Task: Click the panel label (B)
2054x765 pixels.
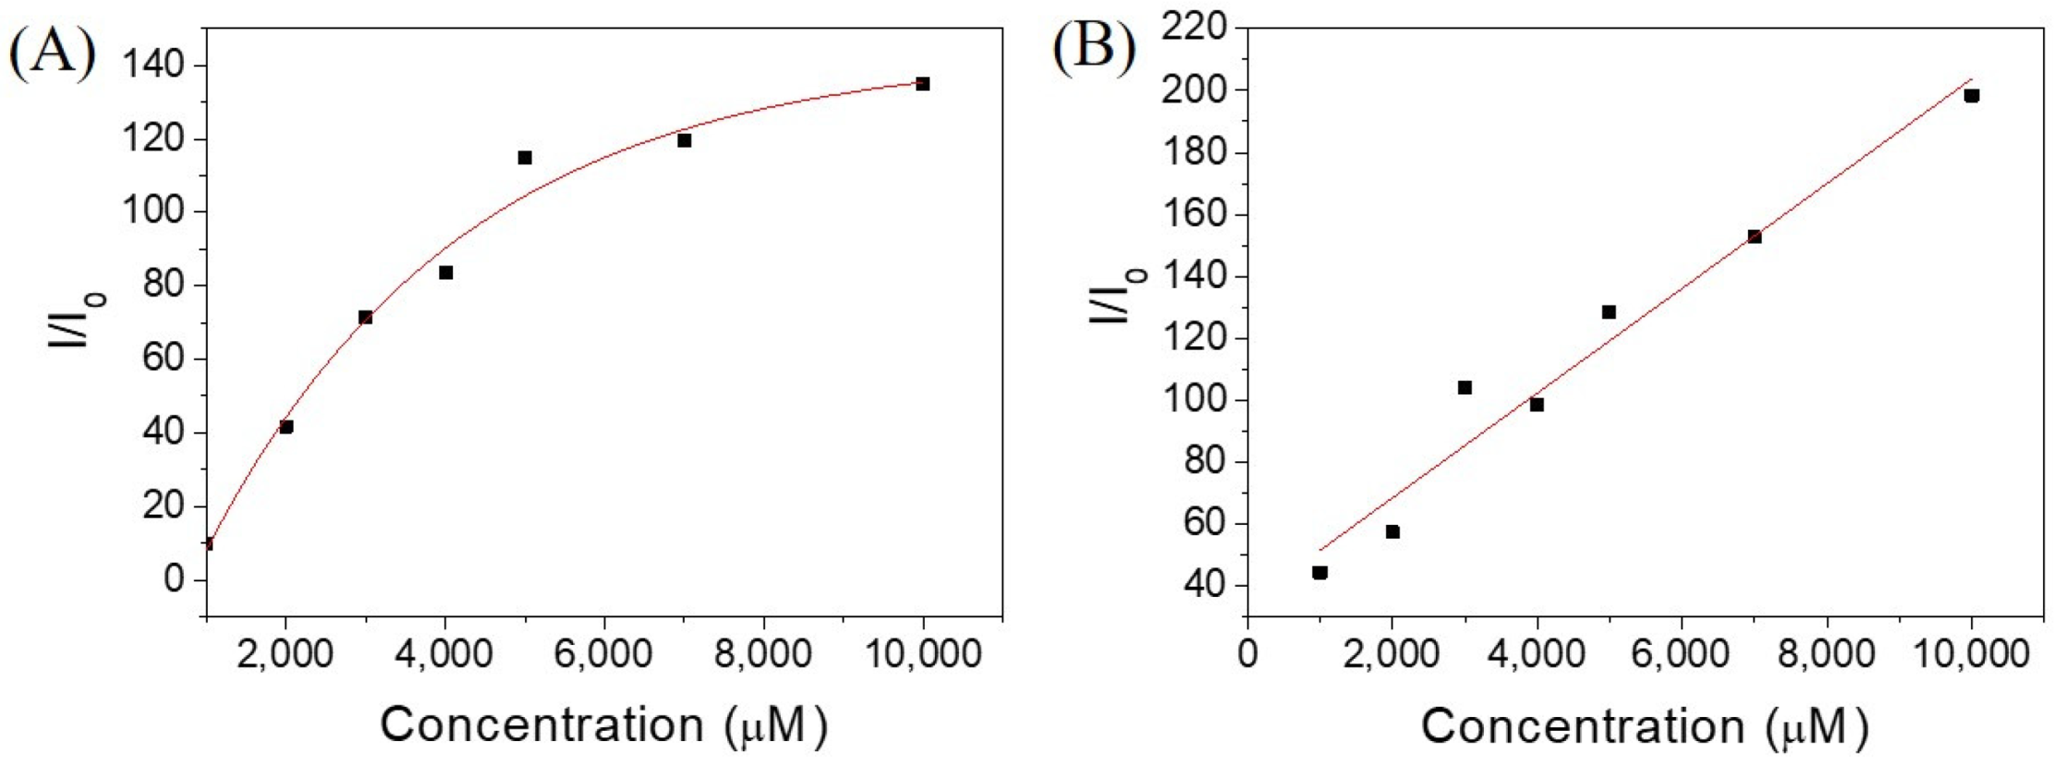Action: coord(1094,46)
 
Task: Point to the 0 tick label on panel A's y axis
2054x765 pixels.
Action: coord(173,579)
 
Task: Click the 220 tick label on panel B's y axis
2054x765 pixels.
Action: coord(1193,28)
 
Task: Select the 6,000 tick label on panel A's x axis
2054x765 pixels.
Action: coord(604,654)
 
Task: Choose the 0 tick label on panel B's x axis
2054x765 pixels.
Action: coord(1247,654)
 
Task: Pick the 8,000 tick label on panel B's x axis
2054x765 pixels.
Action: coord(1827,654)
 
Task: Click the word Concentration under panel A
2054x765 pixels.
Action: coord(542,724)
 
